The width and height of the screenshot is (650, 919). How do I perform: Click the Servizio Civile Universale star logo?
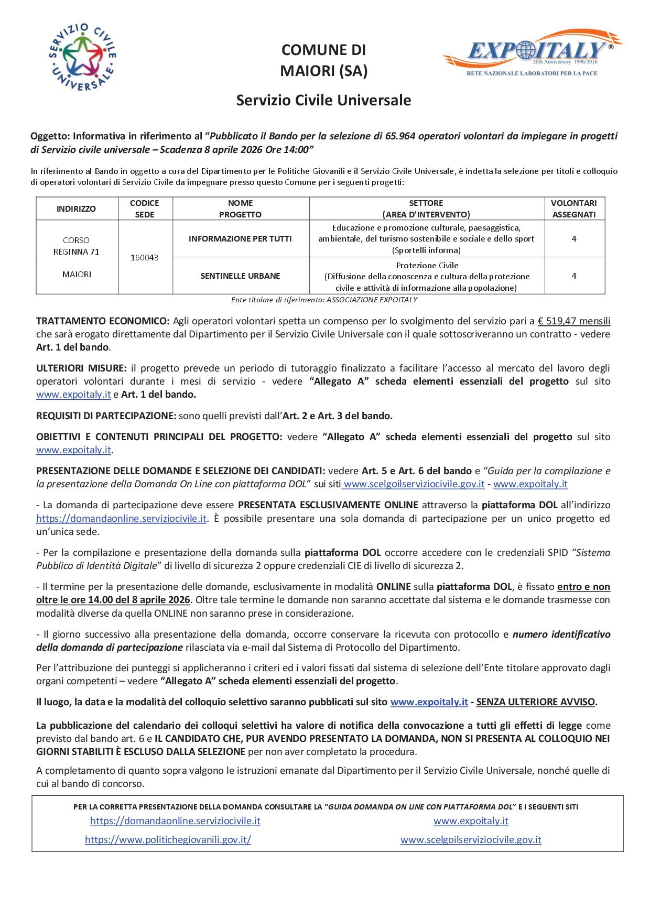tap(82, 58)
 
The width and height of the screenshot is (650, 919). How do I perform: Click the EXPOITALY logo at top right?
tap(532, 53)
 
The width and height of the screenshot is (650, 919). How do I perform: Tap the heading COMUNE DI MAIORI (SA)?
tap(323, 60)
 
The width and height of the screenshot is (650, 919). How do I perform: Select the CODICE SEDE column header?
tap(145, 209)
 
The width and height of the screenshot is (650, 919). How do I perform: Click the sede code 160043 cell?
tap(145, 258)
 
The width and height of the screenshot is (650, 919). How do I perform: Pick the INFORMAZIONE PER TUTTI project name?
tap(240, 239)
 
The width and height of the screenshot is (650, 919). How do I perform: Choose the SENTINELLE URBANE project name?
tap(240, 276)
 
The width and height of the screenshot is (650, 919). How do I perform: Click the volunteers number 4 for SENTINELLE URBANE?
tap(574, 276)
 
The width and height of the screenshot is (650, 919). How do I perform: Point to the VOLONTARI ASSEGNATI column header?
tap(574, 209)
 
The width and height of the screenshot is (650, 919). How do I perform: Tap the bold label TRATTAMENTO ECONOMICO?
tap(103, 321)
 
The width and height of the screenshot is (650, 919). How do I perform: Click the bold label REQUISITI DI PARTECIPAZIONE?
tap(106, 416)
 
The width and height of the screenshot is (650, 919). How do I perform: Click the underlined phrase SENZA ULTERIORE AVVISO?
tap(536, 702)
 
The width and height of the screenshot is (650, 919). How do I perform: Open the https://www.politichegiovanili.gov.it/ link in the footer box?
tap(168, 840)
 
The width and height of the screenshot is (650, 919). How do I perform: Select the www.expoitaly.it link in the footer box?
tap(471, 821)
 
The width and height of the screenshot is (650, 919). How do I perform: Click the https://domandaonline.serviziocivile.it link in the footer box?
tap(175, 821)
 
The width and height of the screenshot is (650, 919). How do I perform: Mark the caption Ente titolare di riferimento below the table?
tap(324, 300)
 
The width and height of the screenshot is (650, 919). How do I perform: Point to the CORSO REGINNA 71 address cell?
tap(77, 246)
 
